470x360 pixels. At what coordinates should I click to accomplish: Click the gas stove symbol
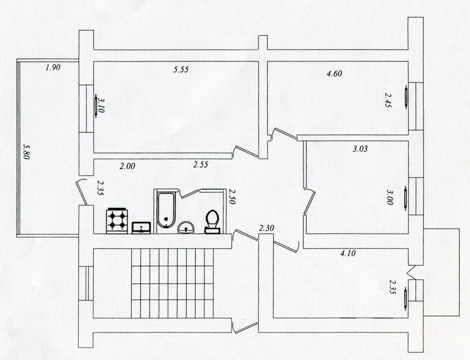pos(117,220)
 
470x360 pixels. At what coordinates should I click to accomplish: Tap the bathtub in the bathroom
pos(165,212)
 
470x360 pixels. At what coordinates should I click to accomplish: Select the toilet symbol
pos(213,222)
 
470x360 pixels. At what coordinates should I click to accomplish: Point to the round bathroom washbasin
pos(186,228)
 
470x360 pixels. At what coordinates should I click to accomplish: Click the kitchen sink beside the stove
pos(141,227)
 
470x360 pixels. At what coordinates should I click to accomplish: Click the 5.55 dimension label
pos(181,70)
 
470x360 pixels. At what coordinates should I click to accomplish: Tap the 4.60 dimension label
pos(334,73)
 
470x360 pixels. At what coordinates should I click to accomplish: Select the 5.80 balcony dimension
pos(26,152)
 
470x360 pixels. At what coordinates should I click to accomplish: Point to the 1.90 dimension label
pos(53,67)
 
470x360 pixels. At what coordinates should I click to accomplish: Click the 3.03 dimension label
pos(360,148)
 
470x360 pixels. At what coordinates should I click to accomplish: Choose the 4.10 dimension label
pos(348,253)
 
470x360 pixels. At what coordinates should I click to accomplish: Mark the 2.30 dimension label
pos(266,228)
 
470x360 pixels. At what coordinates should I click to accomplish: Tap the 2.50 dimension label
pos(232,197)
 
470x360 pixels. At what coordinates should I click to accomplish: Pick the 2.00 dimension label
pos(128,166)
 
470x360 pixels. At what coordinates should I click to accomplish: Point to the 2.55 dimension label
pos(201,164)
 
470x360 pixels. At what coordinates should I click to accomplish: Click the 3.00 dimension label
pos(390,197)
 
